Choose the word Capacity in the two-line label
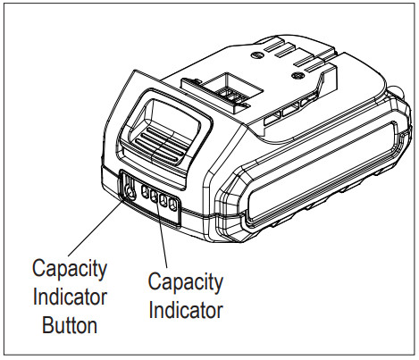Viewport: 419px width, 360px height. pyautogui.click(x=185, y=283)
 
